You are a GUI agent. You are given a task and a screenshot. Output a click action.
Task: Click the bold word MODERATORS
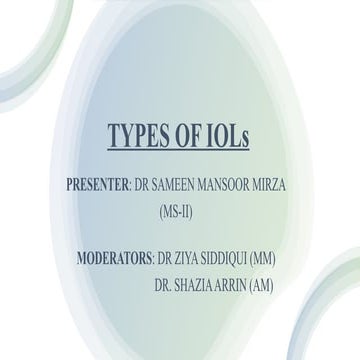coord(114,260)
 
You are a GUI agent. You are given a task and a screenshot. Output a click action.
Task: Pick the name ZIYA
coord(193,260)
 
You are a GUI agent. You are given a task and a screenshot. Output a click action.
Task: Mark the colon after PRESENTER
coord(129,187)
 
